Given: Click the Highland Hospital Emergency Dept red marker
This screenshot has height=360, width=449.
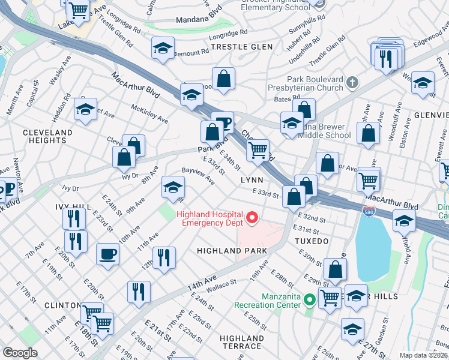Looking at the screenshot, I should coord(252,218).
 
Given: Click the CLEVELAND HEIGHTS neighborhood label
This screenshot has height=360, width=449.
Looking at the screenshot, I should coord(47,136).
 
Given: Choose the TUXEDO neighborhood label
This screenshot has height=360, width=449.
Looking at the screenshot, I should coord(311,241).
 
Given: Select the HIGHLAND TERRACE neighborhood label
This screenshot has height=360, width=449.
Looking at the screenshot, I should coord(241,342).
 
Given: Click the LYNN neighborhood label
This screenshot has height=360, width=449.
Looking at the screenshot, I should coord(253,180).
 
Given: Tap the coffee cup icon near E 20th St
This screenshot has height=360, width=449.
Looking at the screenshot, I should coord(108,253).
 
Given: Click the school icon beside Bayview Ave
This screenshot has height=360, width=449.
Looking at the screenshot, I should coord(173,188).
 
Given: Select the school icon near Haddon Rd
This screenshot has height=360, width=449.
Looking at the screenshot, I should coord(85,109).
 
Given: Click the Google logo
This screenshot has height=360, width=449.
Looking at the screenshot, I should coord(20,353).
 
